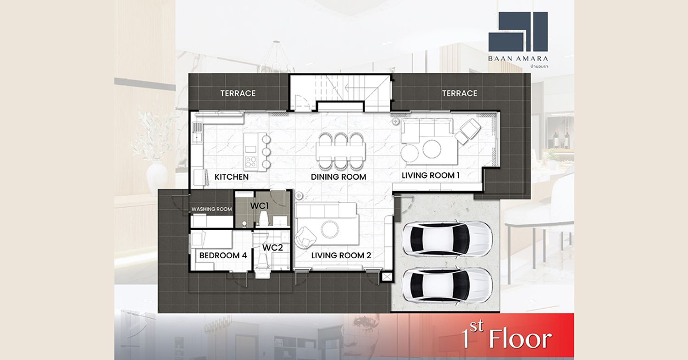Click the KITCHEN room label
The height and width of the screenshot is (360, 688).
pyautogui.click(x=231, y=177)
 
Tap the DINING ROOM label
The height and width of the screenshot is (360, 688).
pyautogui.click(x=338, y=177)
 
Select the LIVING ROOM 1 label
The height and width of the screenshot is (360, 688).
pyautogui.click(x=431, y=175)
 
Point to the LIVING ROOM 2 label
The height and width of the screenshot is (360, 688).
pyautogui.click(x=341, y=255)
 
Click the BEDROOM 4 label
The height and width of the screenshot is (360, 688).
pyautogui.click(x=223, y=255)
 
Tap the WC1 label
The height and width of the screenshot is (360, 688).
pyautogui.click(x=260, y=206)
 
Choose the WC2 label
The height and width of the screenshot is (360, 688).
pyautogui.click(x=272, y=247)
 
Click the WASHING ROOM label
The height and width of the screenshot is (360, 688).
pyautogui.click(x=211, y=209)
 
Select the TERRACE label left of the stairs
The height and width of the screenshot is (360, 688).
pyautogui.click(x=238, y=93)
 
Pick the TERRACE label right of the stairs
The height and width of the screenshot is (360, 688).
pyautogui.click(x=460, y=93)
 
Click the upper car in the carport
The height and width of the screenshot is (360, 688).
pyautogui.click(x=448, y=238)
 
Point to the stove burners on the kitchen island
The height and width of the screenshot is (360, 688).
pyautogui.click(x=251, y=161)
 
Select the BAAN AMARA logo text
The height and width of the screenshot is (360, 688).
pyautogui.click(x=518, y=58)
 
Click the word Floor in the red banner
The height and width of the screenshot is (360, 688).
pyautogui.click(x=520, y=339)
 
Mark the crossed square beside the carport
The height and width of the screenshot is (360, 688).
pyautogui.click(x=387, y=277)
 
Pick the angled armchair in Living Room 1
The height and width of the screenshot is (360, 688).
pyautogui.click(x=467, y=131)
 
